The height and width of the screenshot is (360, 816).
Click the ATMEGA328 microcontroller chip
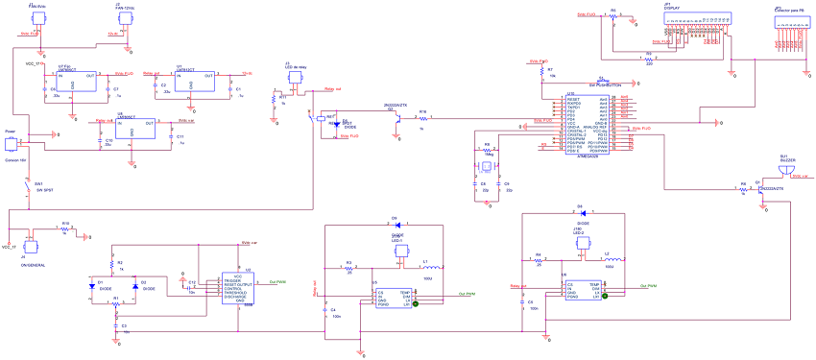pyautogui.click(x=588, y=125)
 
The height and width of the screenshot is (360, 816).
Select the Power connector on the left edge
pyautogui.click(x=12, y=143)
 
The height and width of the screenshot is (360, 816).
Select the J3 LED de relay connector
pyautogui.click(x=294, y=82)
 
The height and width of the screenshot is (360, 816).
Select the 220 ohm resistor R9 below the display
pyautogui.click(x=649, y=57)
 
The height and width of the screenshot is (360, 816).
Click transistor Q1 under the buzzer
pyautogui.click(x=761, y=187)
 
